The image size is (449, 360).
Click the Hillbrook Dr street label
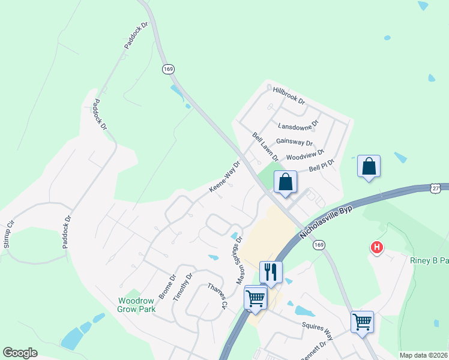tap(289, 94)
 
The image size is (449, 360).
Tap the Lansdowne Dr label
tap(298, 126)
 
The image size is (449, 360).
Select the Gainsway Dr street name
tap(294, 142)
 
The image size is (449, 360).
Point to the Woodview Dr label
tap(305, 155)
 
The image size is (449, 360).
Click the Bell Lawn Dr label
tap(265, 147)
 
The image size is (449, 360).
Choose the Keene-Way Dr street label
tap(224, 176)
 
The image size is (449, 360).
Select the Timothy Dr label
tap(182, 287)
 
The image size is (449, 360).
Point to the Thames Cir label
tap(217, 296)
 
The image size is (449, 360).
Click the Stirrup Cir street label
tap(8, 234)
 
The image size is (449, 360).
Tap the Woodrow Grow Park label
tap(136, 305)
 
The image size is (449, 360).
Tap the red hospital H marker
tap(377, 247)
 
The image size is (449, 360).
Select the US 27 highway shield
tap(436, 188)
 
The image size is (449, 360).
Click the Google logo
tap(20, 353)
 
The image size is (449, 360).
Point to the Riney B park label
tap(429, 261)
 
